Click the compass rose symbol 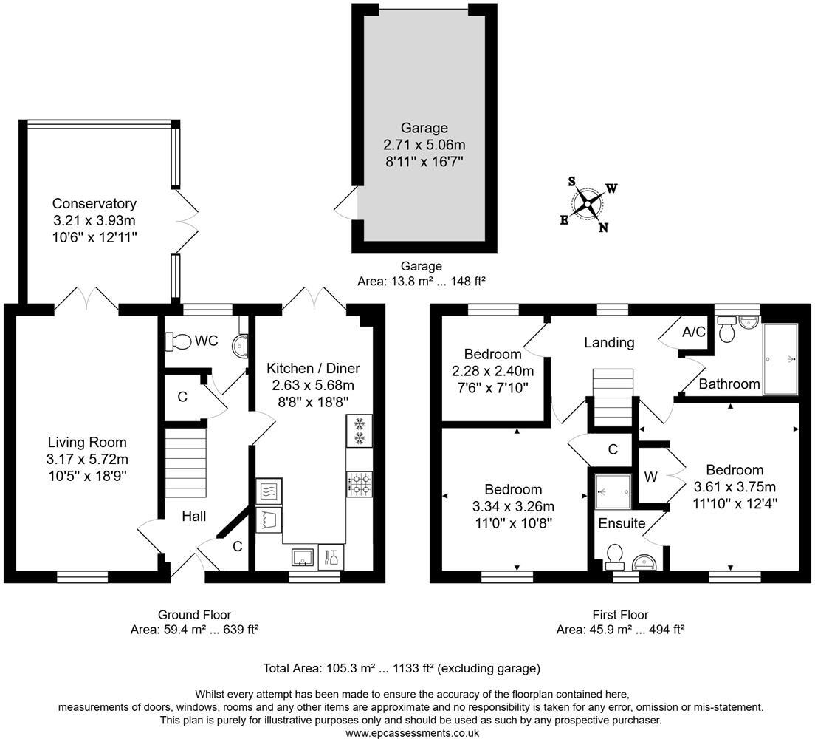tap(588, 204)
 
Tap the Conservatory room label tap(94, 204)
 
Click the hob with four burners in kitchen tap(359, 484)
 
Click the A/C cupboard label tap(693, 332)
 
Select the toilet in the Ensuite tap(612, 555)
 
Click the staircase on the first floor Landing tap(610, 398)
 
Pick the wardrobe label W tap(650, 477)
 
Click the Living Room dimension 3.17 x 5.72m tap(86, 459)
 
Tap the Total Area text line tap(402, 668)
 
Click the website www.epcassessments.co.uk tap(412, 732)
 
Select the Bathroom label tap(729, 384)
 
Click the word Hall tap(193, 517)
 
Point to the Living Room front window tap(77, 576)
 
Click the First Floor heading tap(620, 614)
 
